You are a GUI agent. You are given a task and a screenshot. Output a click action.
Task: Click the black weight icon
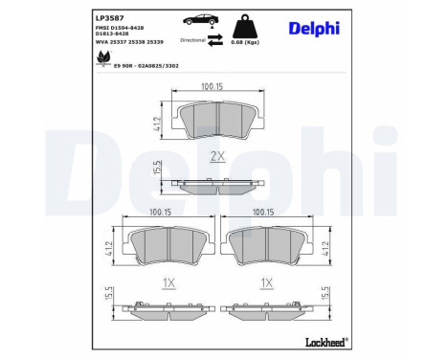(x=254, y=20)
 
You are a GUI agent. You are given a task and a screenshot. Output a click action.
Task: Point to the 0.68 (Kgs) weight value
(x=253, y=41)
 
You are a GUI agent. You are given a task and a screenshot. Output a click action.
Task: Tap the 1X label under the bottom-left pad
(x=168, y=283)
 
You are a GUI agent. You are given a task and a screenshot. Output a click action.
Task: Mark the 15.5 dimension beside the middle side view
(x=156, y=169)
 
